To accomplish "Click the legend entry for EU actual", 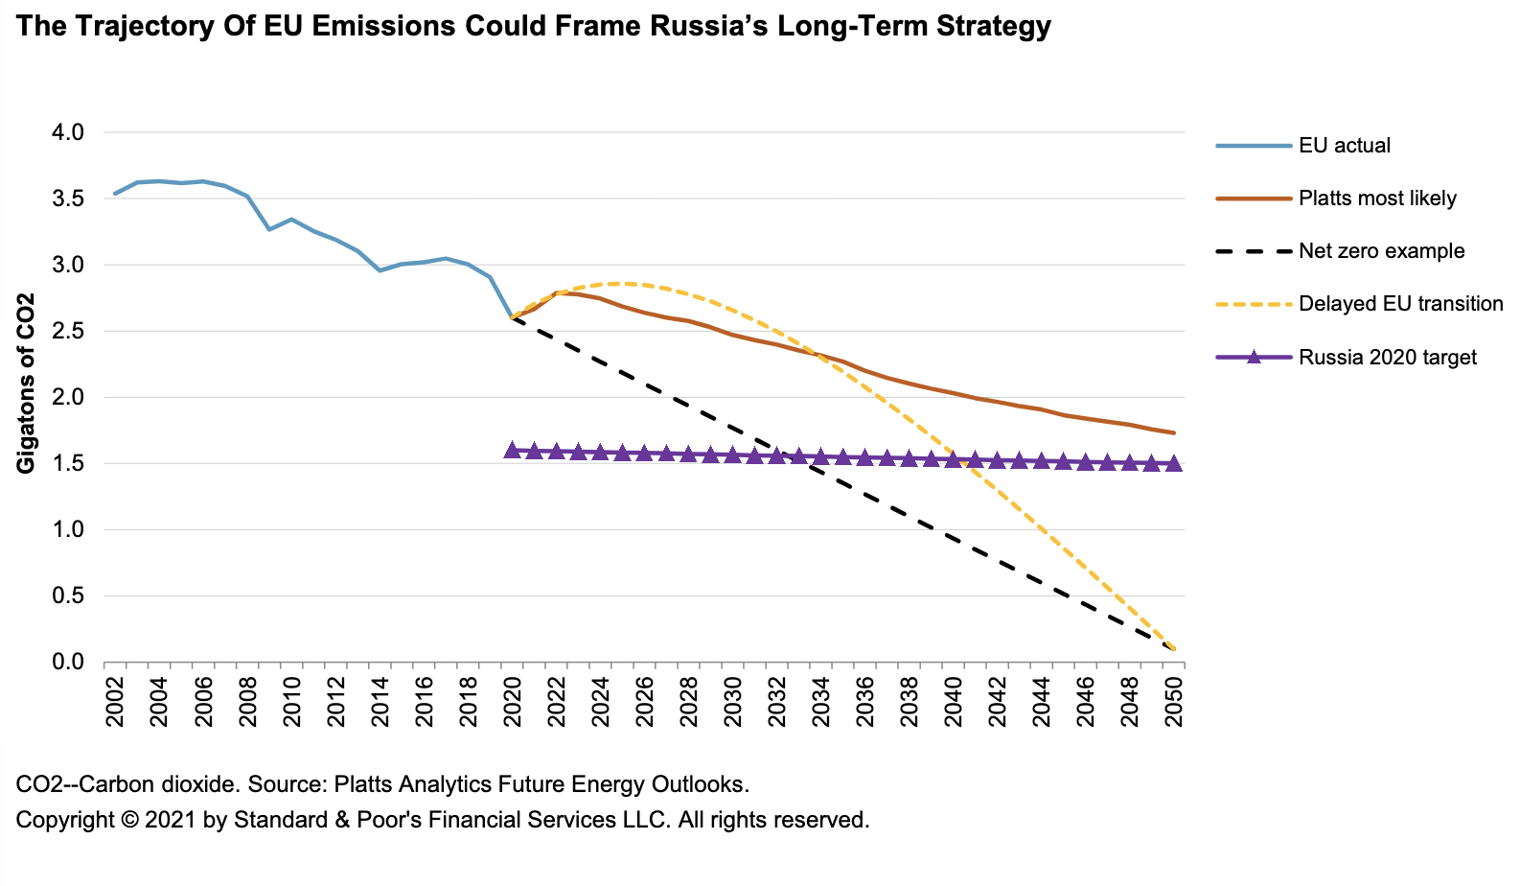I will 1344,146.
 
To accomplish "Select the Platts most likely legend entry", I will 1376,198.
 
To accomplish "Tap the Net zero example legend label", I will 1381,251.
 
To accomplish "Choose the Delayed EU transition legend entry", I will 1400,304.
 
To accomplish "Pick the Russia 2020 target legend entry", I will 1387,358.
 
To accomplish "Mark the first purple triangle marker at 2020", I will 512,450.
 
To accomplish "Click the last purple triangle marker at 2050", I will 1174,463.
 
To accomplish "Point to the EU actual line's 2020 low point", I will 512,317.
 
